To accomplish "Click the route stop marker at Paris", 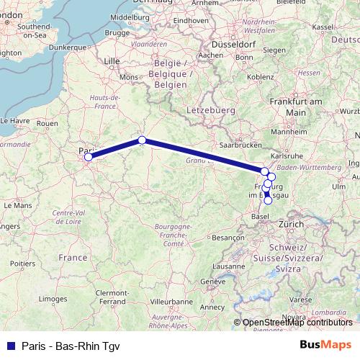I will [89, 156].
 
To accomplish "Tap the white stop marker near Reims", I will [143, 140].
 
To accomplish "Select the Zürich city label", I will [291, 224].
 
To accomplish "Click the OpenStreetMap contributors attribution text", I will [297, 322].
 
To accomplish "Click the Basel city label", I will [256, 213].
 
